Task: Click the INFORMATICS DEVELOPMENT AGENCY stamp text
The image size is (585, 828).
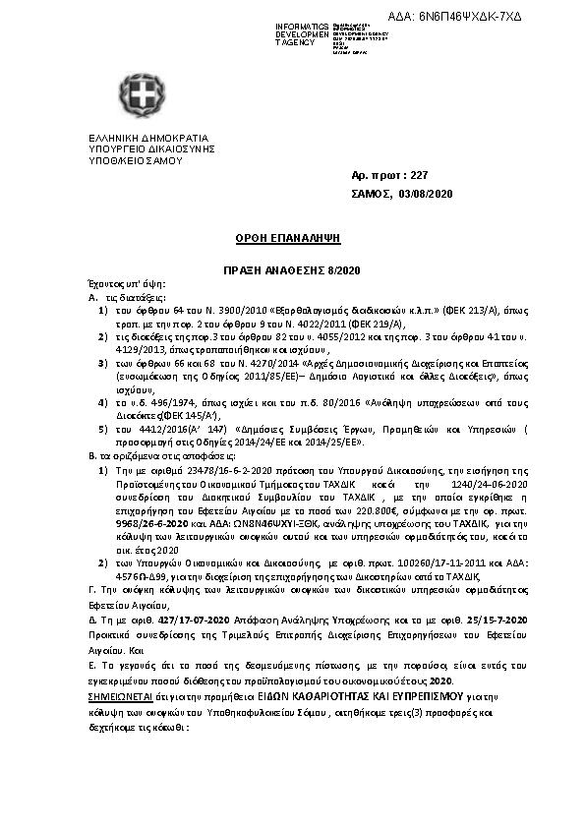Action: (301, 33)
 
